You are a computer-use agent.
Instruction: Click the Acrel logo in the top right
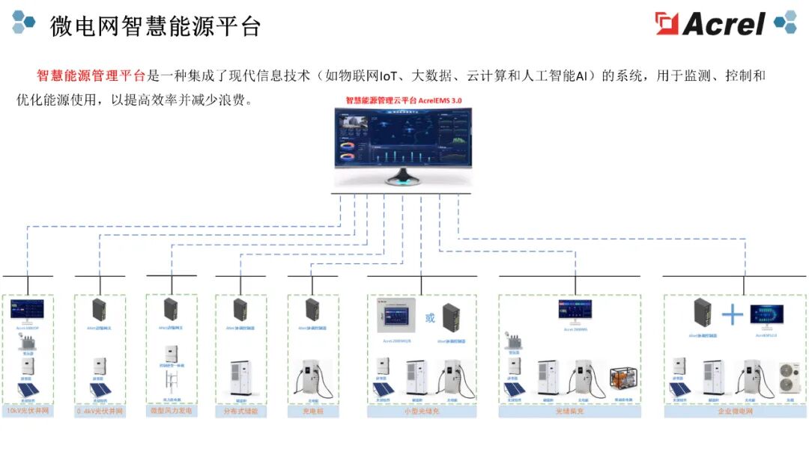coord(712,23)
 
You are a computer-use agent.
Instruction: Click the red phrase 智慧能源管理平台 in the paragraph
coord(91,76)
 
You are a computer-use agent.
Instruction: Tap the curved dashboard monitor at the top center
coord(403,142)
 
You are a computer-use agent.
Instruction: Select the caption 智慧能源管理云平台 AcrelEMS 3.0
coord(403,100)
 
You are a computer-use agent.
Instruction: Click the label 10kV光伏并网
coord(28,412)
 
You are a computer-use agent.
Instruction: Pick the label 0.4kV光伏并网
coord(100,412)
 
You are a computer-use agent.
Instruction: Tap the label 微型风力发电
coord(171,411)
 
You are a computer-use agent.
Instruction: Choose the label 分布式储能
coord(240,412)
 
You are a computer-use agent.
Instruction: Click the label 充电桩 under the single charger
coord(312,412)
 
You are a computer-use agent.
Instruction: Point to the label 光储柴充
coord(569,412)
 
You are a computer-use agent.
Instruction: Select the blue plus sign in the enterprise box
coord(731,315)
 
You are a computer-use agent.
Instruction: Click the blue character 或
coord(430,317)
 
